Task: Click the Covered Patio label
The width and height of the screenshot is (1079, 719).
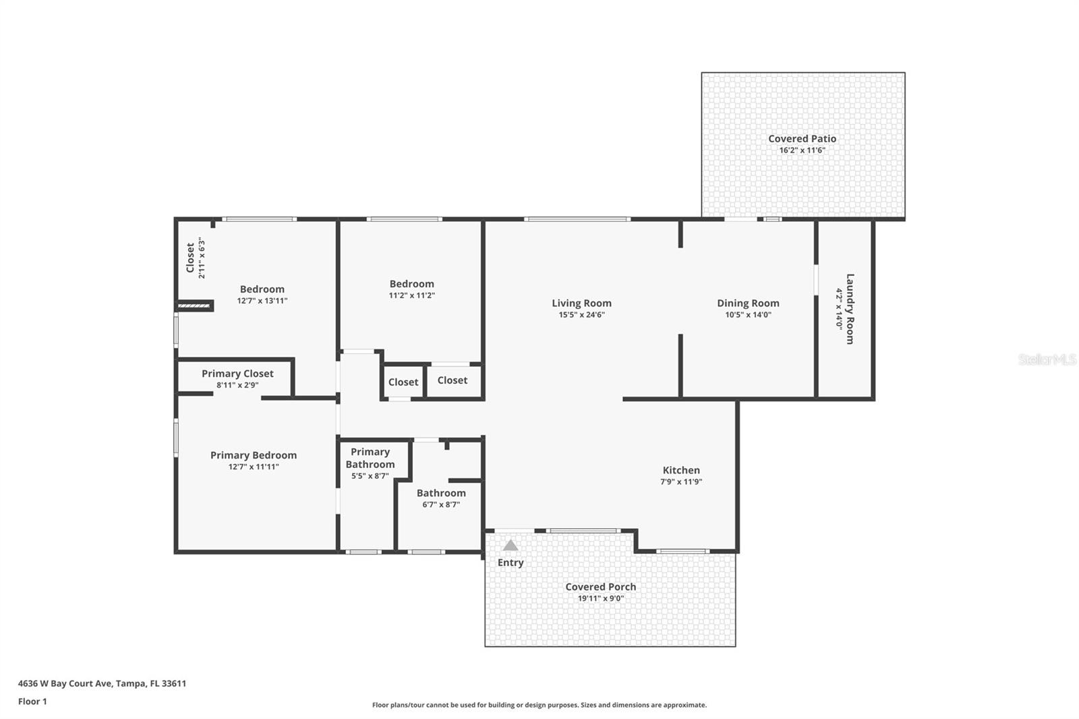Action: pyautogui.click(x=802, y=138)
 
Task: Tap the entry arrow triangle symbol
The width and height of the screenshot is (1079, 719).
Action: pyautogui.click(x=511, y=546)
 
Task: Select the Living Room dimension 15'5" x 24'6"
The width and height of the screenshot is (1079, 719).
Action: pyautogui.click(x=581, y=315)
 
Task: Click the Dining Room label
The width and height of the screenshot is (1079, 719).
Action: pyautogui.click(x=748, y=304)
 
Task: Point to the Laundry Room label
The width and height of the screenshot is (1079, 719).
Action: pyautogui.click(x=850, y=308)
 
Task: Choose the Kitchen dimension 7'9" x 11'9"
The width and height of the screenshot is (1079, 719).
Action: pyautogui.click(x=681, y=482)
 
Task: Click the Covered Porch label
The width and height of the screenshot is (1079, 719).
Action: pyautogui.click(x=600, y=587)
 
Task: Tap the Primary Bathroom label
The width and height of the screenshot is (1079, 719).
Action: pyautogui.click(x=370, y=458)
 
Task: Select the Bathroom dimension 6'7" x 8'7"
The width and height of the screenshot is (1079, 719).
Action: pyautogui.click(x=441, y=505)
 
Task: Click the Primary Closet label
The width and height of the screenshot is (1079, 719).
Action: pyautogui.click(x=237, y=374)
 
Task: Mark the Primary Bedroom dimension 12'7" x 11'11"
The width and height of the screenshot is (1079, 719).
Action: pyautogui.click(x=254, y=467)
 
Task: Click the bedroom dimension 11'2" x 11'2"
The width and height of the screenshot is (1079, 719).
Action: pyautogui.click(x=411, y=295)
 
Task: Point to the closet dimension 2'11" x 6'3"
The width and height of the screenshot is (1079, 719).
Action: pyautogui.click(x=201, y=258)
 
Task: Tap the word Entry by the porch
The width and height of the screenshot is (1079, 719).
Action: pyautogui.click(x=511, y=563)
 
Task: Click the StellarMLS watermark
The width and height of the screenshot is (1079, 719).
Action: pyautogui.click(x=1047, y=360)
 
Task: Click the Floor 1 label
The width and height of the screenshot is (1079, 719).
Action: pyautogui.click(x=32, y=701)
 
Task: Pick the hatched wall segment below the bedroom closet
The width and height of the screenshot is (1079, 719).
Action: pyautogui.click(x=195, y=306)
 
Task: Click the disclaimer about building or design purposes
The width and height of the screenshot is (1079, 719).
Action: pyautogui.click(x=539, y=705)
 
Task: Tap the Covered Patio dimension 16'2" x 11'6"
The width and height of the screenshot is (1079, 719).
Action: pyautogui.click(x=802, y=150)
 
